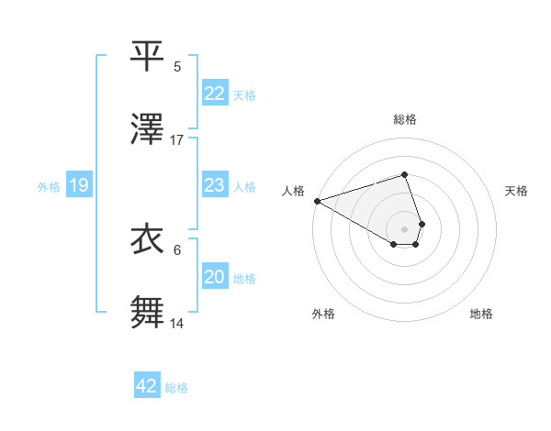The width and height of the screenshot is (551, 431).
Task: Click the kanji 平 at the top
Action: tap(148, 54)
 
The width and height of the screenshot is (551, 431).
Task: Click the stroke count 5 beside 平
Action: tap(177, 66)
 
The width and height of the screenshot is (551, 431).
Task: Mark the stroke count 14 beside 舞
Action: tap(177, 324)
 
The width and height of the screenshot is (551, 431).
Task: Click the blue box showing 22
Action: tap(214, 93)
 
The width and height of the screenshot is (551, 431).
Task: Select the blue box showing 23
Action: tap(214, 185)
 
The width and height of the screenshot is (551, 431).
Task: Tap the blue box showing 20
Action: tap(214, 277)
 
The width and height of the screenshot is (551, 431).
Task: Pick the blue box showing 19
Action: tap(79, 185)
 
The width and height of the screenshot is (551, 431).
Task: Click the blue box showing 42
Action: tap(147, 386)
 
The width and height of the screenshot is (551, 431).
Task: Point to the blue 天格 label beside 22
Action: tap(244, 94)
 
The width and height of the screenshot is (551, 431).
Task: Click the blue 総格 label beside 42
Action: tap(176, 387)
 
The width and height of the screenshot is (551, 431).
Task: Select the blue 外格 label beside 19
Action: tap(49, 186)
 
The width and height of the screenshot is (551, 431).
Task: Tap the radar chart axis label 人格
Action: tap(294, 190)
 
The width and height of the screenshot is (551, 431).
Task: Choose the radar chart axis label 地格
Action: tap(481, 314)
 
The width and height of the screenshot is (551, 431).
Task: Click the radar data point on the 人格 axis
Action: tap(317, 200)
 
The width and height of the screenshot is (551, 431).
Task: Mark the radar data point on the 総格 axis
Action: tap(404, 174)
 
